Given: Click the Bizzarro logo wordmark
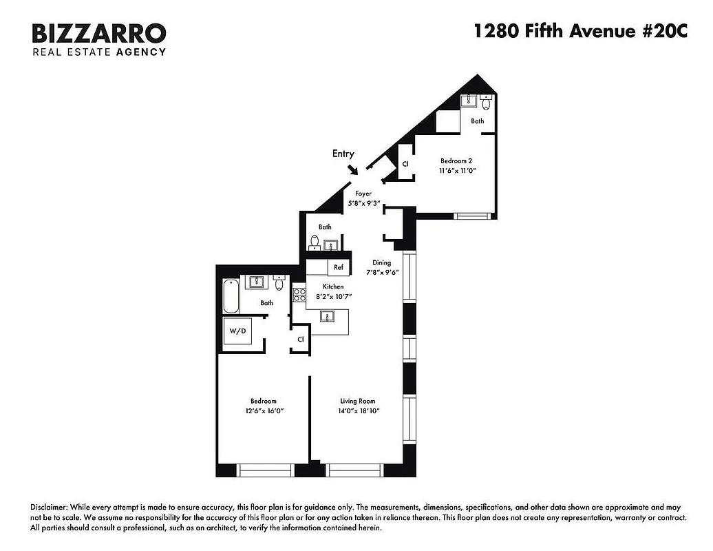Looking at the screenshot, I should (x=99, y=32).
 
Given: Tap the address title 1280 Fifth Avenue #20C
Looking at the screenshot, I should (x=580, y=32).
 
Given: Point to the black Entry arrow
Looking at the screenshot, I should (x=352, y=169).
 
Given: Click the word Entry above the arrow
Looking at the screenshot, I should (x=343, y=154).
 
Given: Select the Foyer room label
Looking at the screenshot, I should (x=363, y=194).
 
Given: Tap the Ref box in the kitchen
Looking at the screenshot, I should (x=339, y=267).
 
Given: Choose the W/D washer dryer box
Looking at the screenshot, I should (x=237, y=331).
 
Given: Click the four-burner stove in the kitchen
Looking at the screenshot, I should (x=299, y=295).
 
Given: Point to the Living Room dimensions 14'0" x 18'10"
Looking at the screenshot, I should (x=358, y=410).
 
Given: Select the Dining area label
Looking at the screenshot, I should (x=381, y=262).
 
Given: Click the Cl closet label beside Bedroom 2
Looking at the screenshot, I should (x=405, y=164).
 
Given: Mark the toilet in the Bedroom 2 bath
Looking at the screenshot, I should (x=486, y=104).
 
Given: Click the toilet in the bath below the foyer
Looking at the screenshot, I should (x=315, y=242).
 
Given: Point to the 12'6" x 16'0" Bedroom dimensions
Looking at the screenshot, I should (x=263, y=410).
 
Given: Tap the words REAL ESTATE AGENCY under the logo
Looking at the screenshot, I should (x=99, y=52).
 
